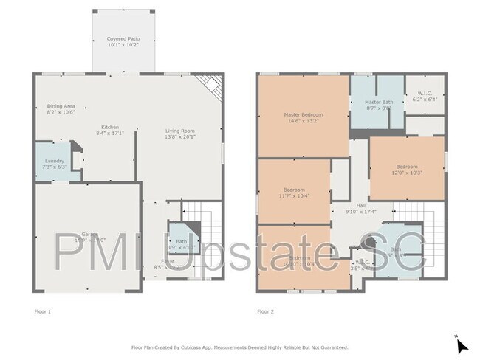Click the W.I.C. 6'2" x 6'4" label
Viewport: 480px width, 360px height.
[x=425, y=96]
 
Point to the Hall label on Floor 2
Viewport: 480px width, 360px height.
[x=361, y=209]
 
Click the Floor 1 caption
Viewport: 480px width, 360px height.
[x=43, y=312]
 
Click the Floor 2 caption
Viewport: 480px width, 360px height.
[x=265, y=312]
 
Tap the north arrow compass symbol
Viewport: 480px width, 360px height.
[x=461, y=345]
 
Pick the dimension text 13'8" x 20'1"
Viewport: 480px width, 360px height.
[x=179, y=136]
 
